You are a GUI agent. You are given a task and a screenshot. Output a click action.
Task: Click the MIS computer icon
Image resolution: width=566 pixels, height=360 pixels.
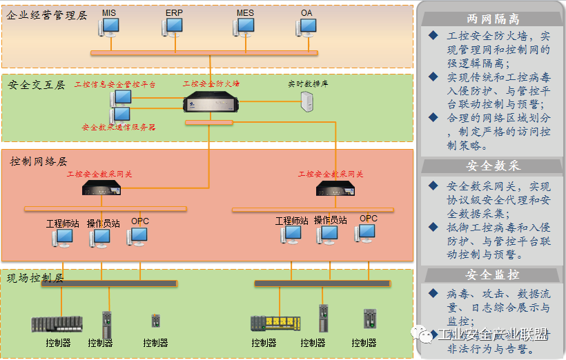(x=108, y=27)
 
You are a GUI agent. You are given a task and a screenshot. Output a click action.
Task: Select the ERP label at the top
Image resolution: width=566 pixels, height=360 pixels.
(x=174, y=12)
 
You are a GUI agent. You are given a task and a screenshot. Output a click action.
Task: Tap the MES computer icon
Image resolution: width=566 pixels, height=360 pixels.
(x=244, y=27)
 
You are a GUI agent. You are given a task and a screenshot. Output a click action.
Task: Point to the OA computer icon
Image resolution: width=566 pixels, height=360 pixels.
(x=306, y=27)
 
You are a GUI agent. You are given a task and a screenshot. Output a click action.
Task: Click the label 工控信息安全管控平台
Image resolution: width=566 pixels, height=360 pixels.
(x=115, y=84)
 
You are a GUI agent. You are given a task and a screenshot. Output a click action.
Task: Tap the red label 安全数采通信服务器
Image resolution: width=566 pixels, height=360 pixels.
(x=119, y=128)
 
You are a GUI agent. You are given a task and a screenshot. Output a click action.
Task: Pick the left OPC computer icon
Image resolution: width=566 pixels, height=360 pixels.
(x=137, y=236)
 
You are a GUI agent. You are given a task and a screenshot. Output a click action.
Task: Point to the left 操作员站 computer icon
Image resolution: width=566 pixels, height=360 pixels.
(x=100, y=238)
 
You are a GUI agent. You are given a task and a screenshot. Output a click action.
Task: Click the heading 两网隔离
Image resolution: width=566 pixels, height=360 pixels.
(x=493, y=19)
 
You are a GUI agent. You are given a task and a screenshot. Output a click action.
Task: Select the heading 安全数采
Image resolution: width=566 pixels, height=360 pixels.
(x=493, y=166)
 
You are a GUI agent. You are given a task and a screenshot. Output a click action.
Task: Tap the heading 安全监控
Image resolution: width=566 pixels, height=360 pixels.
(x=493, y=274)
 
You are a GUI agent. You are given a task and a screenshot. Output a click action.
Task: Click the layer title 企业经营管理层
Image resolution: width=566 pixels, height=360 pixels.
(x=46, y=14)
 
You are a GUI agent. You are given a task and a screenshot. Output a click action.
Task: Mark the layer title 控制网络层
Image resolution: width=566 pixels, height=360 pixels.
(x=39, y=161)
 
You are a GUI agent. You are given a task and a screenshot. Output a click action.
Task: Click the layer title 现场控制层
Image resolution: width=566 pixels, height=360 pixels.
(x=35, y=279)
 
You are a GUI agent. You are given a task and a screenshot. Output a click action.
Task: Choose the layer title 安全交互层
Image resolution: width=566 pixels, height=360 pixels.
(x=37, y=85)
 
